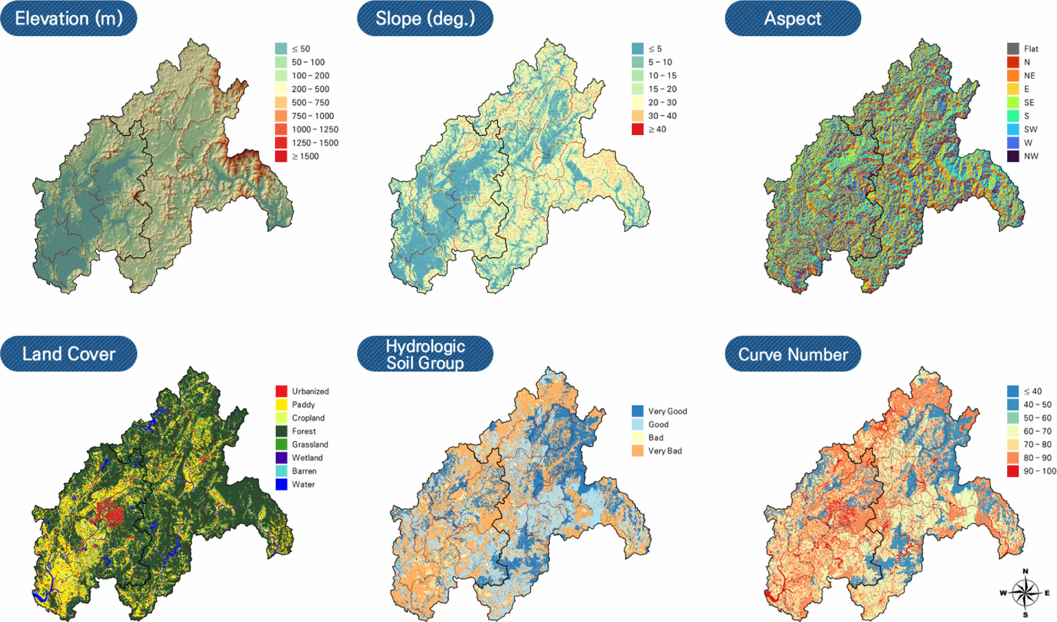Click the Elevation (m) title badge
68,18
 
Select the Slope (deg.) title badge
425,18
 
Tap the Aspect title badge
793,18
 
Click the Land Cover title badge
68,354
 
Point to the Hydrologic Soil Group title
425,354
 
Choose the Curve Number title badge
793,354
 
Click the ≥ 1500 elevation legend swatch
281,156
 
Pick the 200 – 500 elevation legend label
310,89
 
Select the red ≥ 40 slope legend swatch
637,129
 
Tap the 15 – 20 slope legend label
662,89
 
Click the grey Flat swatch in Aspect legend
1013,49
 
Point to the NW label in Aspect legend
1031,156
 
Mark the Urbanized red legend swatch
281,391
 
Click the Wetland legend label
307,458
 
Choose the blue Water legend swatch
281,484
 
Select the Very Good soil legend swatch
637,411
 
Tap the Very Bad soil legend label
665,451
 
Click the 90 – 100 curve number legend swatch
1013,471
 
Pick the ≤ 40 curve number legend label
1032,391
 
